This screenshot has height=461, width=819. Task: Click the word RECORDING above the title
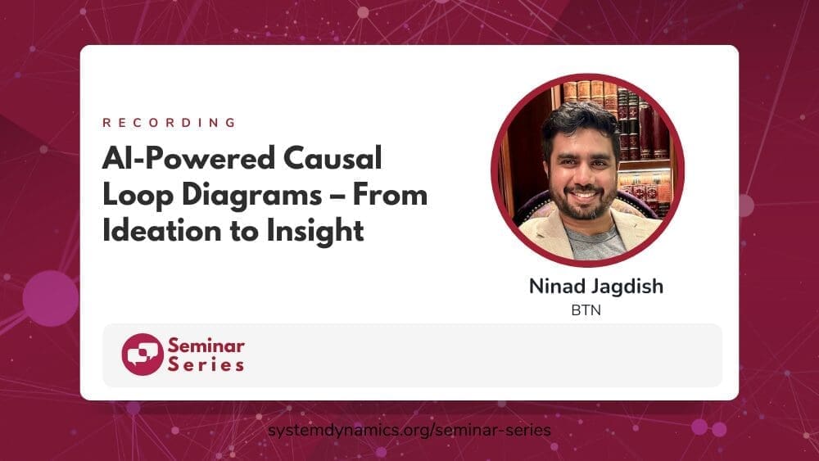[170, 123]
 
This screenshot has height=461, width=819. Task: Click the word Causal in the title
[333, 158]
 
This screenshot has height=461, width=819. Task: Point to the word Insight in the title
[315, 232]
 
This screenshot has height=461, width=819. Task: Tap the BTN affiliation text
[586, 310]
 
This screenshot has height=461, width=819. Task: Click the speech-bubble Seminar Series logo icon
[143, 355]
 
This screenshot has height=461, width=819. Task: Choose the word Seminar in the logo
[206, 346]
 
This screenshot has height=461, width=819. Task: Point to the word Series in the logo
[206, 364]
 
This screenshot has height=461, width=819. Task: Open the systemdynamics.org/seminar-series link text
[409, 430]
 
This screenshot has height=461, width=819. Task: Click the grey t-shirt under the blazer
[595, 241]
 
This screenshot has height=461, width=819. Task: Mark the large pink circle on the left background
[51, 299]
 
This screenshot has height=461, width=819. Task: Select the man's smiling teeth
[585, 195]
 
